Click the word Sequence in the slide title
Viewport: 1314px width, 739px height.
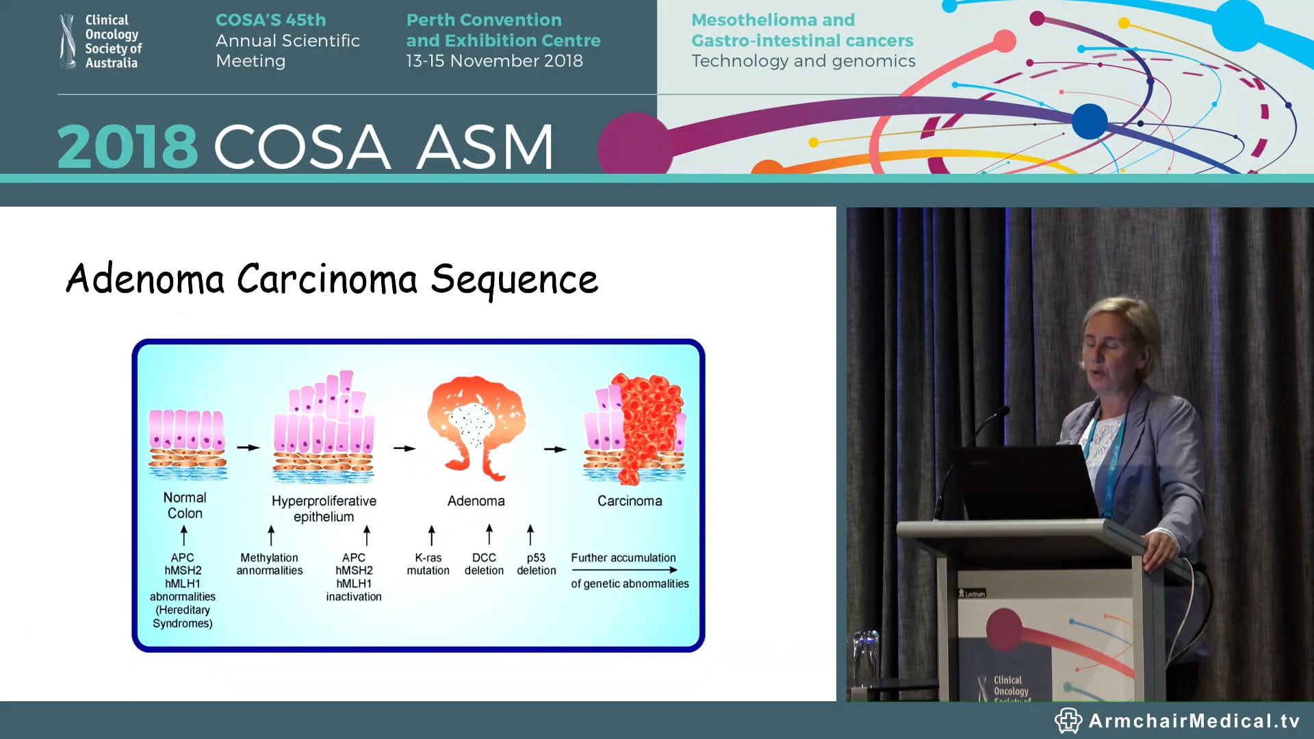coord(514,279)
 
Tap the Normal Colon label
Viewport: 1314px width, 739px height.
coord(185,505)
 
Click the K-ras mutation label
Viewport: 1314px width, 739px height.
coord(428,564)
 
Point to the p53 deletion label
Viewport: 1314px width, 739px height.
coord(536,564)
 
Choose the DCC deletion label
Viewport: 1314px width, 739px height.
coord(484,564)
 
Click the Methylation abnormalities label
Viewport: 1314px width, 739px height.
coord(269,564)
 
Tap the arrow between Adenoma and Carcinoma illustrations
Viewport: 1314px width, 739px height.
coord(555,450)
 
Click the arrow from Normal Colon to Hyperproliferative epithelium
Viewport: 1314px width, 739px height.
coord(248,448)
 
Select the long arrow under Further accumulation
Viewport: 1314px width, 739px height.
coord(624,570)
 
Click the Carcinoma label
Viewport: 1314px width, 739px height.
coord(630,501)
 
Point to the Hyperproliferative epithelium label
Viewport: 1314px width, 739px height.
coord(324,508)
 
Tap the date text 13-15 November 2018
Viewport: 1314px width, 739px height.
coord(494,61)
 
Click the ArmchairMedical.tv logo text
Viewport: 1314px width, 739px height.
coord(1194,721)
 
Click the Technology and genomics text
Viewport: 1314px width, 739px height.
coord(803,61)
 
